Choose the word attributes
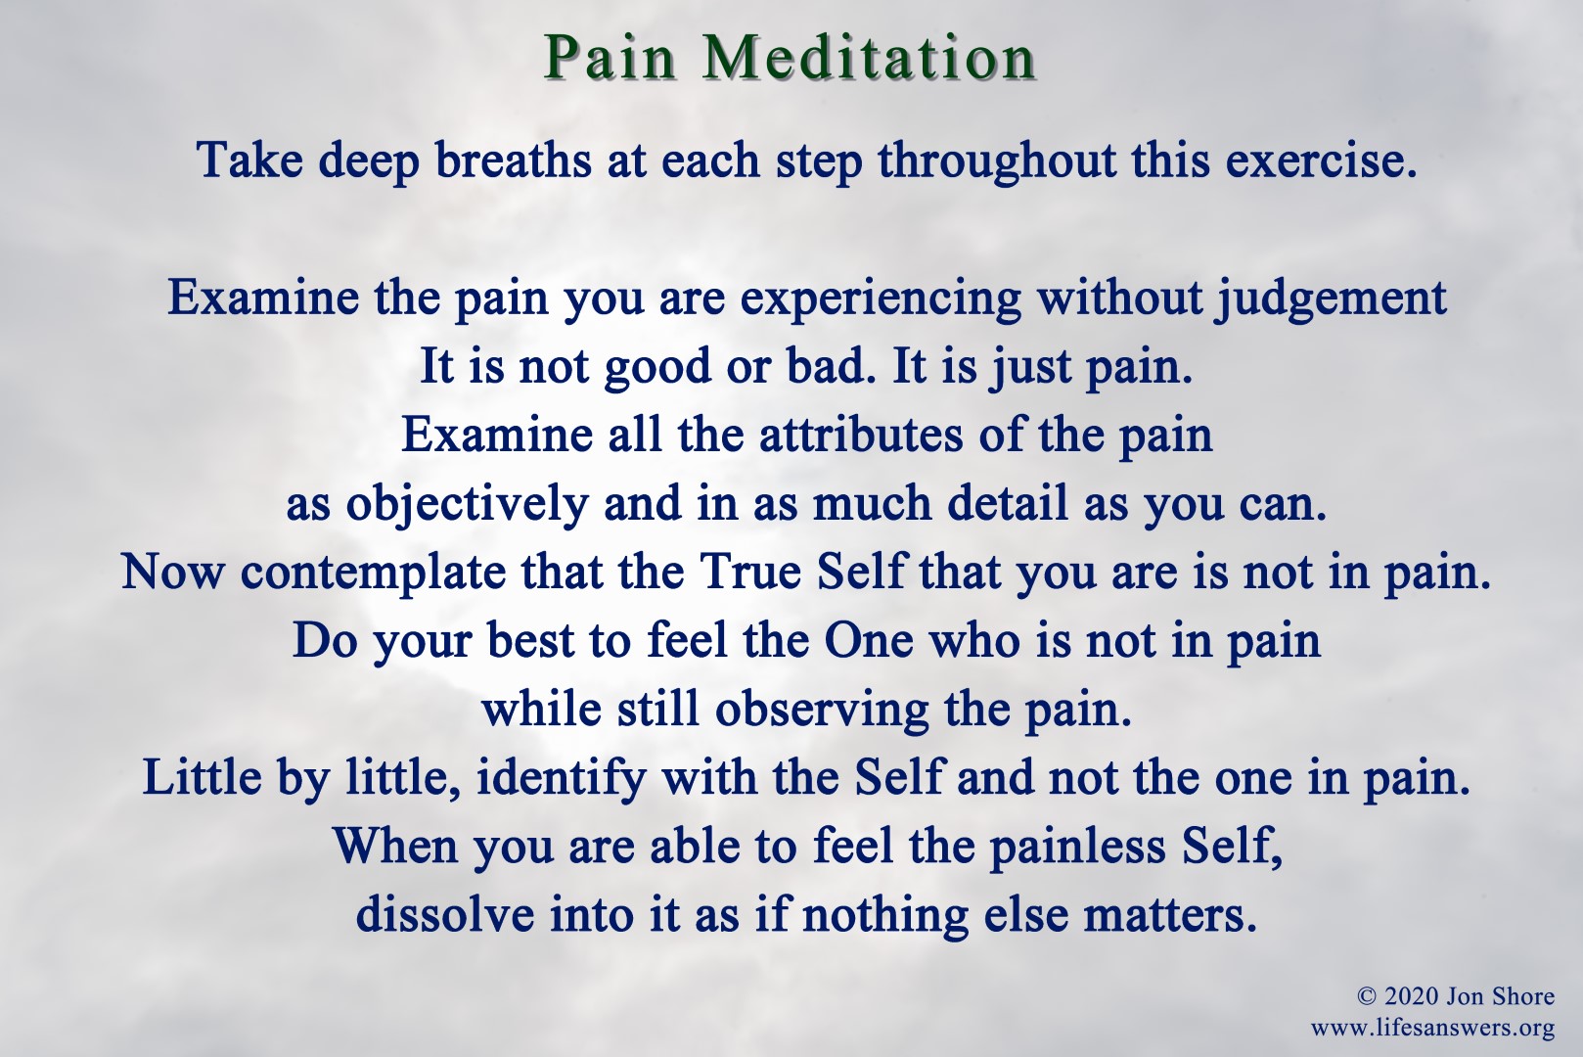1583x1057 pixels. coord(860,435)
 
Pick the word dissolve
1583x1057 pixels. coord(444,914)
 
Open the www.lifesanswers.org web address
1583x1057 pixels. coord(1432,1028)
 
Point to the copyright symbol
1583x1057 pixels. coord(1367,997)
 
